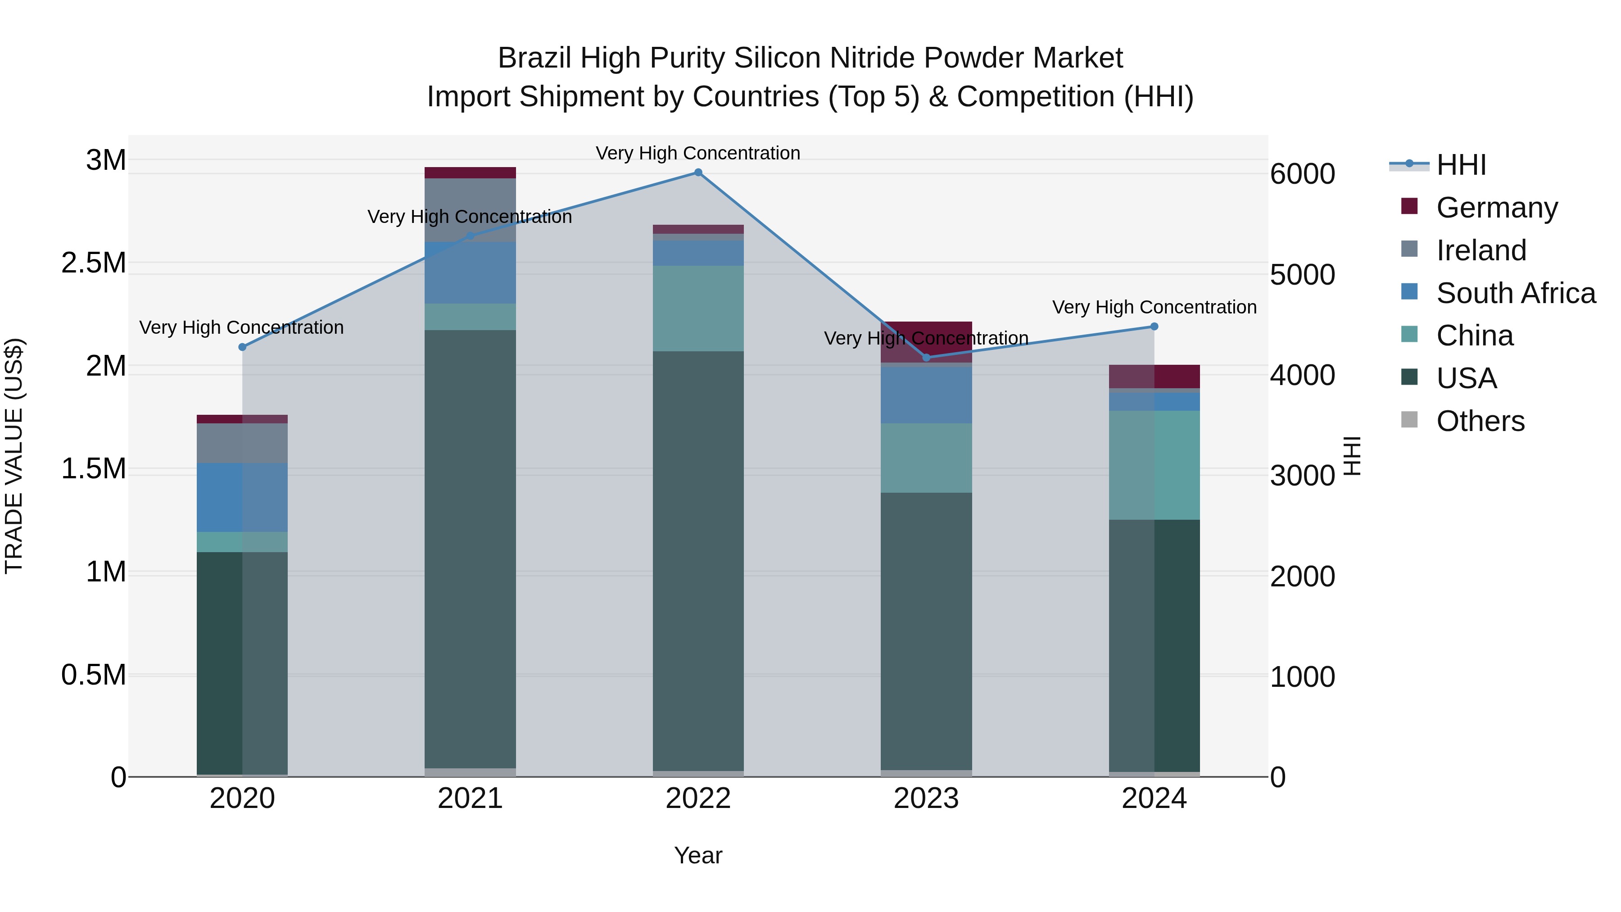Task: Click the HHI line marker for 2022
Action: point(698,172)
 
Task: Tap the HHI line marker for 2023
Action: point(926,358)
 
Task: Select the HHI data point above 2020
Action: point(242,347)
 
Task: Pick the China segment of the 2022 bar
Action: point(698,309)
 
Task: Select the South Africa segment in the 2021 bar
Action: point(470,272)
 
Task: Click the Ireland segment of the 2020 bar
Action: point(242,443)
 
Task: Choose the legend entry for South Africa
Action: point(1515,293)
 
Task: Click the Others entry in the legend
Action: point(1480,421)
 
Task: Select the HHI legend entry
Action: point(1461,165)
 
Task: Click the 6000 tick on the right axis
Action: point(1302,174)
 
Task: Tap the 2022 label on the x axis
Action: point(698,799)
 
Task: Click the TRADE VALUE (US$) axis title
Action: point(14,456)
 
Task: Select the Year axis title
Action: point(698,855)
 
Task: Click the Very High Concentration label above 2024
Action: point(1154,307)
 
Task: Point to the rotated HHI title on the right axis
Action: point(1352,456)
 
